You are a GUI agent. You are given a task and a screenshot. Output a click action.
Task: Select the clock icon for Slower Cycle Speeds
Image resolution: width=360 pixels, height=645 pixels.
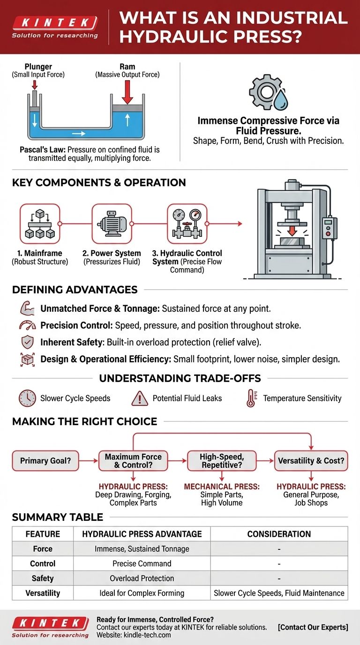click(27, 398)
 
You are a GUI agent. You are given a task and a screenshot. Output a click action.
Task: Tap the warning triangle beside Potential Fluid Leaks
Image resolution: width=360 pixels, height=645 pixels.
click(140, 398)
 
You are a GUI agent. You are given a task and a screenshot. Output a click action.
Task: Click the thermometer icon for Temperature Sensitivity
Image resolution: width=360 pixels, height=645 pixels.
click(251, 398)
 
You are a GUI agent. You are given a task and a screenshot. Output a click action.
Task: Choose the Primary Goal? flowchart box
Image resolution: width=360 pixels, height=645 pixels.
click(45, 461)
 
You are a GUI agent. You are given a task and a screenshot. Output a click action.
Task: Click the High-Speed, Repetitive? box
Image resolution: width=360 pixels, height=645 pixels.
click(222, 461)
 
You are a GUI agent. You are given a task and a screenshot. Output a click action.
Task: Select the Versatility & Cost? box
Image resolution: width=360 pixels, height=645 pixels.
click(311, 461)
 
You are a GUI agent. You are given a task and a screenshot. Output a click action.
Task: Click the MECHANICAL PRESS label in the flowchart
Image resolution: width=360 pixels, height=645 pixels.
click(222, 487)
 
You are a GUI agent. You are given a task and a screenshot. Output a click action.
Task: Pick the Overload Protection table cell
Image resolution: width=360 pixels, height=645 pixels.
click(142, 578)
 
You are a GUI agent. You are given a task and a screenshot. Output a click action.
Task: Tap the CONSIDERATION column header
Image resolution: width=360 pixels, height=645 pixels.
click(279, 534)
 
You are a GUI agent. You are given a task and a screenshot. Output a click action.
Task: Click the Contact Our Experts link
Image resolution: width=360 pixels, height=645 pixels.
click(313, 627)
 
